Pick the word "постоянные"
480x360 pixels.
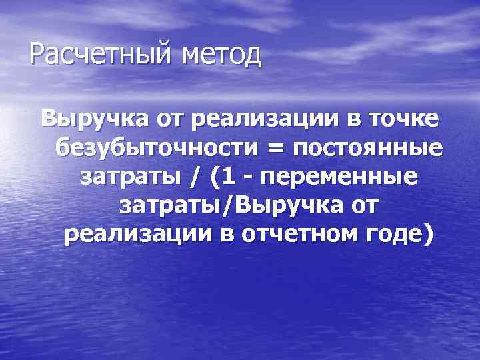[363, 147]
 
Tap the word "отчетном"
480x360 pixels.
[291, 235]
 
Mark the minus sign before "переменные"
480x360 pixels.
[253, 178]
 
